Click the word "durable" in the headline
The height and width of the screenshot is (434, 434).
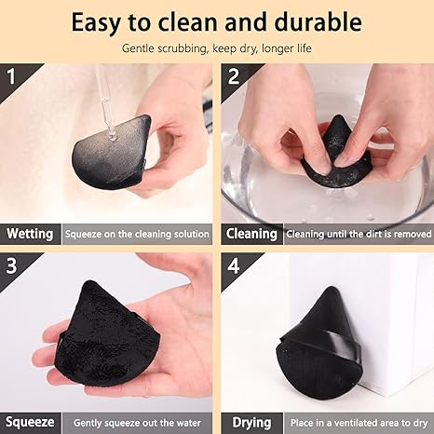click(315, 21)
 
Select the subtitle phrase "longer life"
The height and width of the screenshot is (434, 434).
click(283, 47)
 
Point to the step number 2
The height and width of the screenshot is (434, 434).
click(233, 74)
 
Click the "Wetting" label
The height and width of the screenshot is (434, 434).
click(30, 234)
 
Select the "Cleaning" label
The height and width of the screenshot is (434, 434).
click(251, 234)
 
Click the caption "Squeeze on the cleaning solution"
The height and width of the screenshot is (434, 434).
click(138, 234)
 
